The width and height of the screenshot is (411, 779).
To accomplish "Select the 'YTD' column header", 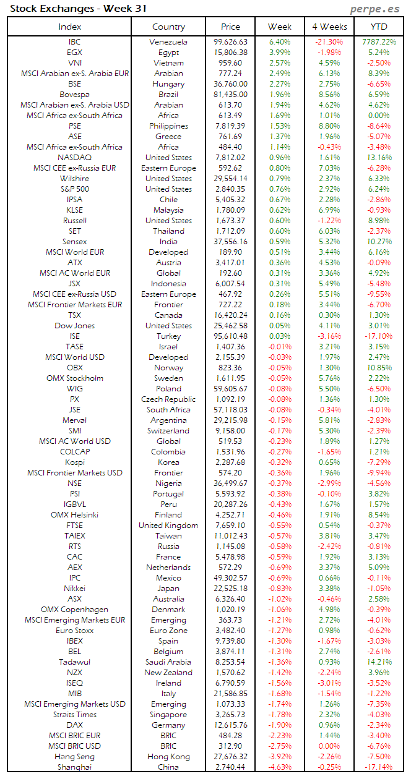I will click(379, 27).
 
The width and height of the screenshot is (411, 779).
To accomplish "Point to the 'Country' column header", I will click(168, 27).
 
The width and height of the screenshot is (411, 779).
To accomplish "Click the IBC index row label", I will click(74, 42).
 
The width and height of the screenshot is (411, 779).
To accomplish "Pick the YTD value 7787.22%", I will click(379, 42).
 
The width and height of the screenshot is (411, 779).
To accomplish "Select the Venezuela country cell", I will click(168, 42).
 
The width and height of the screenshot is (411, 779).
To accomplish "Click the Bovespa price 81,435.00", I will click(230, 95).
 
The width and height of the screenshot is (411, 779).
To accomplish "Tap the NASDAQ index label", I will click(74, 158).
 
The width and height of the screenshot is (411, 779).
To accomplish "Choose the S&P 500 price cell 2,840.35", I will click(230, 189).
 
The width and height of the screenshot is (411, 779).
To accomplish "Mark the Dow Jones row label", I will click(74, 326).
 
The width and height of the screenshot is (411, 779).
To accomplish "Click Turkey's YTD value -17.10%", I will click(379, 336).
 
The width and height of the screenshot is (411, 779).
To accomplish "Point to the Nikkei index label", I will click(74, 589).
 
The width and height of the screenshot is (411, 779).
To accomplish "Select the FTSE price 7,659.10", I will click(230, 526).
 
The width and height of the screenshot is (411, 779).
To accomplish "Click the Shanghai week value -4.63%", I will click(280, 767).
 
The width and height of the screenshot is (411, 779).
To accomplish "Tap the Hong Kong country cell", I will click(168, 757).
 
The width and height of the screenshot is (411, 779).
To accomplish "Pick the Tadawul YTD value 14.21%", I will click(379, 662).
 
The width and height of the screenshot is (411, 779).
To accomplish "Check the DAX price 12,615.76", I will click(230, 725).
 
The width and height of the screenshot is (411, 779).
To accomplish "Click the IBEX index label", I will click(74, 641).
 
